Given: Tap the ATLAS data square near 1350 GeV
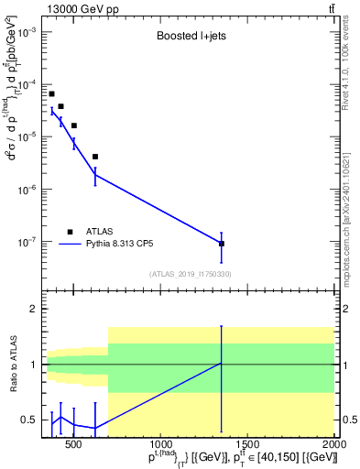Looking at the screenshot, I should [222, 244].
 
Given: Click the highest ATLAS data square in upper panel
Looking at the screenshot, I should [51, 93].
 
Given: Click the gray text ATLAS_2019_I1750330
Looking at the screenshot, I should [190, 273].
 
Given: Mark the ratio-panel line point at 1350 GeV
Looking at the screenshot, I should [222, 364].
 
